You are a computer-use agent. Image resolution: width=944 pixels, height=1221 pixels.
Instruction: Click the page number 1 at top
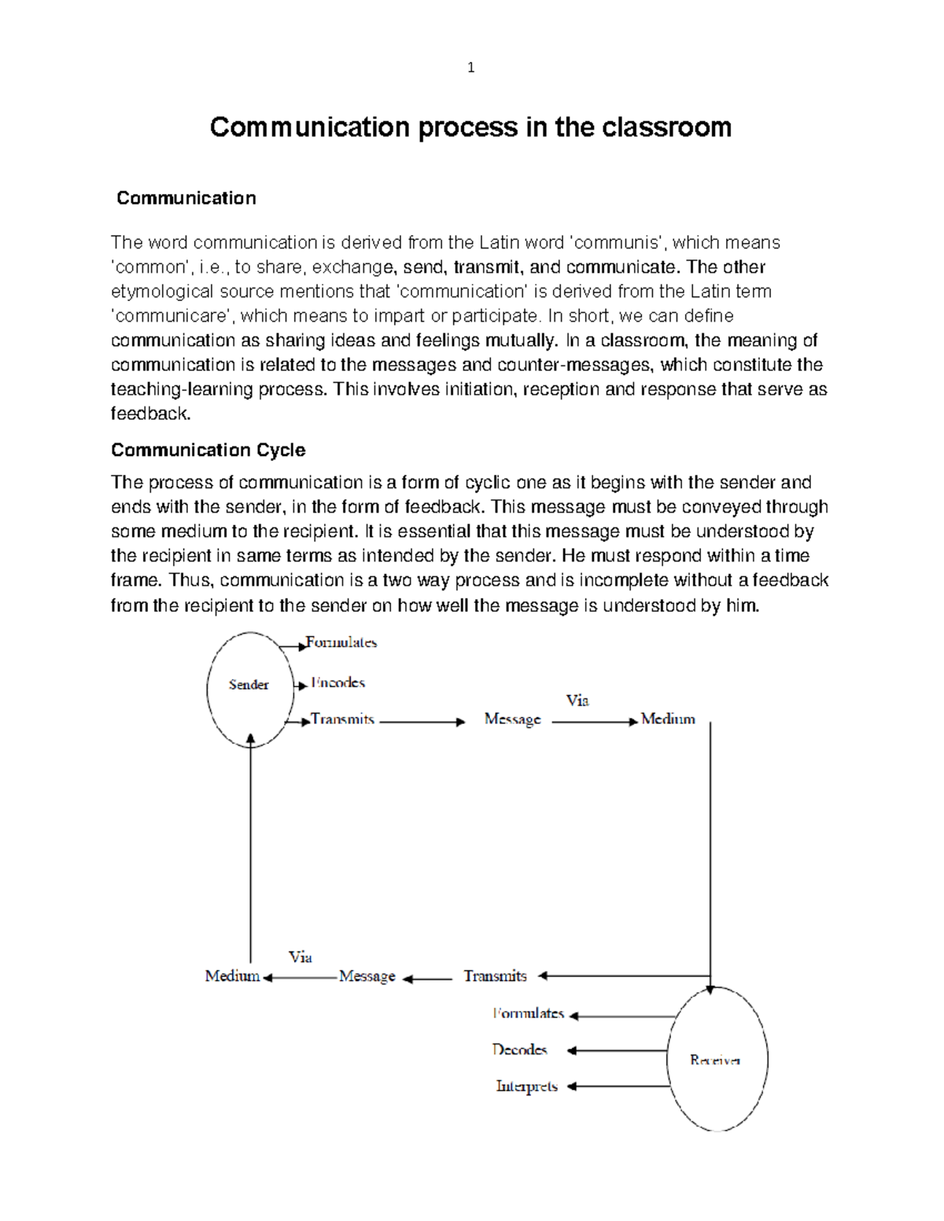470,68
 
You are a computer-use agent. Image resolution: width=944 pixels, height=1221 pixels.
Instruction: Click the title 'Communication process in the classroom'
470,127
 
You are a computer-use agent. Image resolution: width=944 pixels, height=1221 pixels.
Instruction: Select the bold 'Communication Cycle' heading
208,450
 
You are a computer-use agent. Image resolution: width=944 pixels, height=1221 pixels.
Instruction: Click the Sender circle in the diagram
249,689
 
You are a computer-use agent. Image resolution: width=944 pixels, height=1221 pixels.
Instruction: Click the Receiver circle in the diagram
717,1059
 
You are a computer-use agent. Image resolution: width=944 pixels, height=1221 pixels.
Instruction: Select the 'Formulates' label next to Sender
341,642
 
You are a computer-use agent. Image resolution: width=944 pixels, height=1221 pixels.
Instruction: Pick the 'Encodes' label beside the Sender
337,682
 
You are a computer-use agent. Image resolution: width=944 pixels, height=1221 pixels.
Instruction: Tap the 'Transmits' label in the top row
342,719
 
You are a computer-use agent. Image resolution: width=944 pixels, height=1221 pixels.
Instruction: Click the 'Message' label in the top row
512,719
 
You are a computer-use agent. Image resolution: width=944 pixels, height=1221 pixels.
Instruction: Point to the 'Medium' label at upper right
668,719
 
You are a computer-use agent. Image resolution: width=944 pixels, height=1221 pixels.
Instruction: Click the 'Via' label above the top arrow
577,701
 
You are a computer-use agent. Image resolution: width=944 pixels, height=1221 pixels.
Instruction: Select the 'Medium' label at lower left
232,976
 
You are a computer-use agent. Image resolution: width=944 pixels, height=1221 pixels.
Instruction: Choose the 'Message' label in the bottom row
367,976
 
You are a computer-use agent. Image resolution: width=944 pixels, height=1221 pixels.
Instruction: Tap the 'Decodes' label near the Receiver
519,1050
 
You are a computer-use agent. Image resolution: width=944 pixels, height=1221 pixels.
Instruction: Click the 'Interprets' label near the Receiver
526,1087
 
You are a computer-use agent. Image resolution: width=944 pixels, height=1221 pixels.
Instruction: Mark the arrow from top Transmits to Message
422,722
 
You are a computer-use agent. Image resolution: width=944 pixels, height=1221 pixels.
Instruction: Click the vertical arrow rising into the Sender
251,849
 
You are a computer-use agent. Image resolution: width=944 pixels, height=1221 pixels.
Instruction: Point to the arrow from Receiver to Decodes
618,1050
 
